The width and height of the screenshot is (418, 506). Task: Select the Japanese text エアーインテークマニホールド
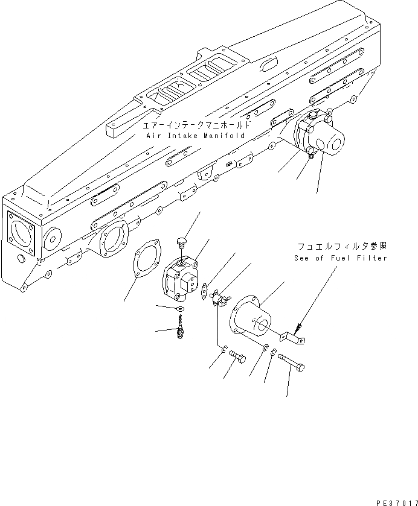[x=195, y=126]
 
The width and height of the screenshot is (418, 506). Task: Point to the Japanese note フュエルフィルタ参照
[x=341, y=247]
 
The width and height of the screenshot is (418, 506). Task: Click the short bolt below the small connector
[x=238, y=359]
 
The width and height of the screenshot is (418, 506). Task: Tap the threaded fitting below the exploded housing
[x=181, y=330]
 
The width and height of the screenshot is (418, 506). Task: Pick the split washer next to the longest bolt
[x=274, y=353]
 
